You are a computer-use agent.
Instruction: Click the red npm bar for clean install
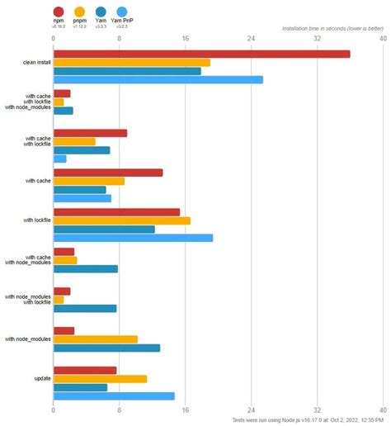(201, 54)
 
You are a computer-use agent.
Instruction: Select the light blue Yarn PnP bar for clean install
(158, 80)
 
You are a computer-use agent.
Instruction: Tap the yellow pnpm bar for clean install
(132, 63)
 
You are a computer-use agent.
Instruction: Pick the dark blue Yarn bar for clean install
(127, 71)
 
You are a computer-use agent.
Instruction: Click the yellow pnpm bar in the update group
(100, 379)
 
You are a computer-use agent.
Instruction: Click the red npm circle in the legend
(59, 11)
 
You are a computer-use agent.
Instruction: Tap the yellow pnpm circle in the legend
(79, 11)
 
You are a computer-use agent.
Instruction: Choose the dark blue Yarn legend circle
(101, 11)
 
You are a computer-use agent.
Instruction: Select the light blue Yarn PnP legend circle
(121, 11)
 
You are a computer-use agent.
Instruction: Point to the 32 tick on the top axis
(317, 38)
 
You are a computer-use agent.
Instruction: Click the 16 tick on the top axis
(185, 38)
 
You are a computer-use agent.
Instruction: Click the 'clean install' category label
(36, 63)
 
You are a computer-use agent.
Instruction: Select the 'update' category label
(43, 379)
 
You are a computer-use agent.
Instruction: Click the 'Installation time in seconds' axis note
(332, 28)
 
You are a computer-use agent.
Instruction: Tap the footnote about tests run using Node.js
(307, 420)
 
